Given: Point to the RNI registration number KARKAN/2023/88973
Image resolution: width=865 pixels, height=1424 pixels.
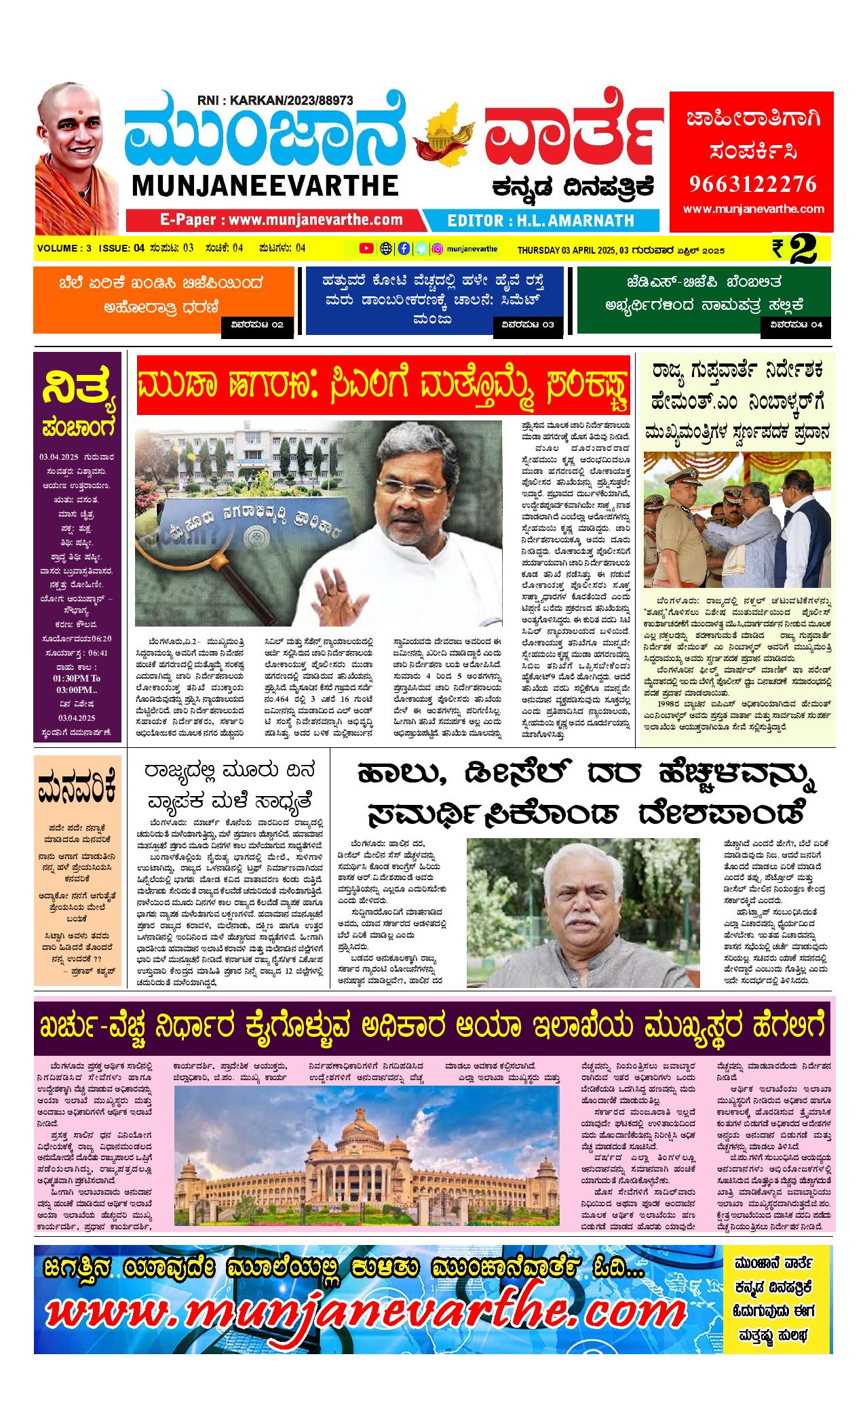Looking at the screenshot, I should [275, 100].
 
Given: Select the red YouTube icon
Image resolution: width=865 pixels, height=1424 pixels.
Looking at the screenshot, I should [366, 248].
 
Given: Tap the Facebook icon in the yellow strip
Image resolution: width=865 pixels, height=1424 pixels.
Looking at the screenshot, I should [404, 248].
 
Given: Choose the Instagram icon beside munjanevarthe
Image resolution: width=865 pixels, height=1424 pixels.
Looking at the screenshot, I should [438, 248].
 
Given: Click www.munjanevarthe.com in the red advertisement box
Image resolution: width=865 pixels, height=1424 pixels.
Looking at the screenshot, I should [752, 209].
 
